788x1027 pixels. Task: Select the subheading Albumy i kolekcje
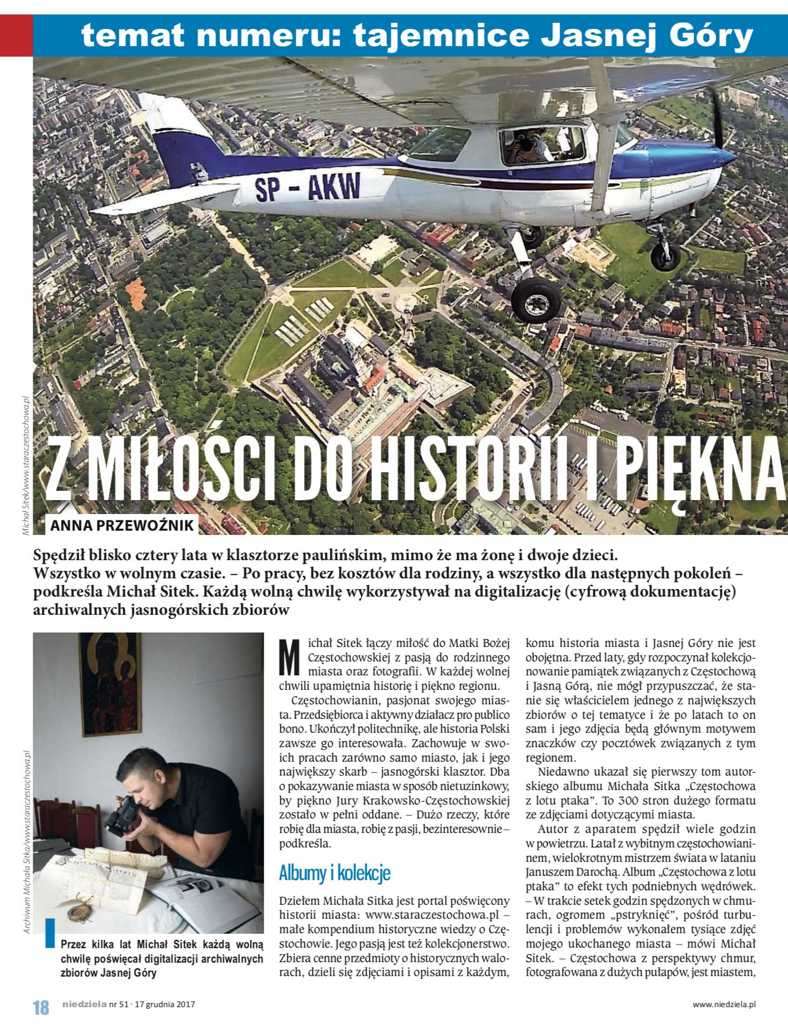pos(334,873)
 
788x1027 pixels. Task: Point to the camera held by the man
pos(121,815)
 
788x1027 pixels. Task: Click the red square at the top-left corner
pos(16,35)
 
